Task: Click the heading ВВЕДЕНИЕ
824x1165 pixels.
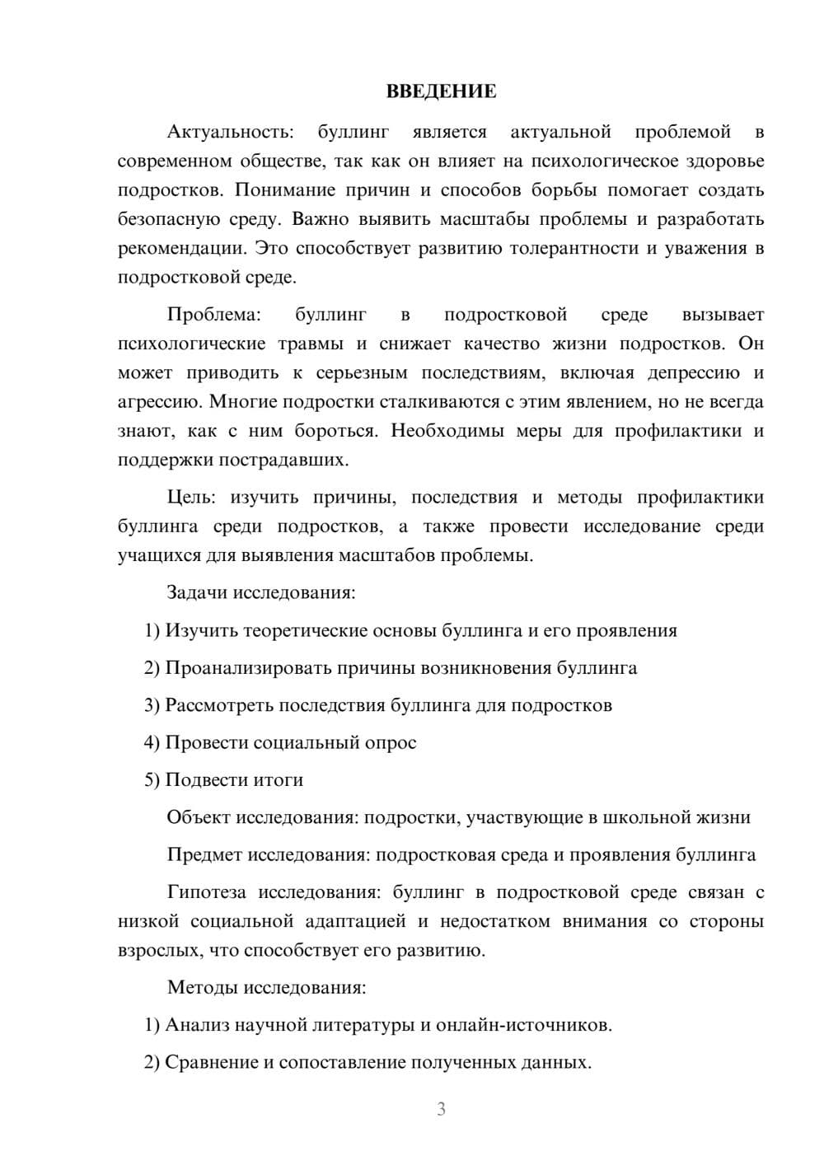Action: coord(441,91)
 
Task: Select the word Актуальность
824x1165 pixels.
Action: coord(230,132)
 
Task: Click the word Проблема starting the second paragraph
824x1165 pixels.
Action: coord(213,315)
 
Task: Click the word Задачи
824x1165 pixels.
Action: coord(198,592)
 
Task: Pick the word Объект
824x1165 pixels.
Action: coord(199,817)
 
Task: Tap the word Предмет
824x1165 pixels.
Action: coord(204,854)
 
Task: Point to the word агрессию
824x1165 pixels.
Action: coord(159,402)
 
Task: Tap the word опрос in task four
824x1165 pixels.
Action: coord(391,742)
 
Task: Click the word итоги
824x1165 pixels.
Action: coord(278,780)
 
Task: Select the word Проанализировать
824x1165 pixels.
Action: coord(248,667)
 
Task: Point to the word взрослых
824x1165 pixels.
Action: coord(158,950)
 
